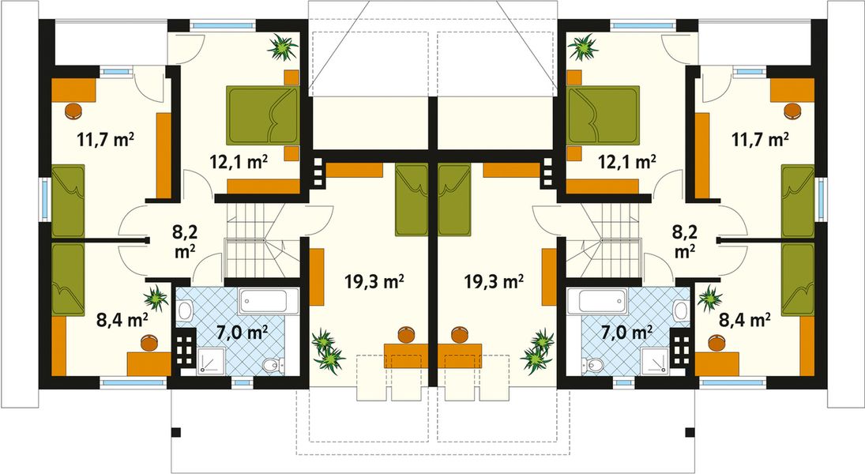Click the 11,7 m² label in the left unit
coord(105,141)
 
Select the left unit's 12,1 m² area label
coord(238,162)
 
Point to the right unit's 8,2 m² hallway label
coord(684,241)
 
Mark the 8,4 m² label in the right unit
coord(744,320)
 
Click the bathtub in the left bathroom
coord(269,301)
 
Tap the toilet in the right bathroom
coord(594,364)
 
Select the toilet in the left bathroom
coord(270,364)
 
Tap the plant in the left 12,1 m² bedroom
coord(282,47)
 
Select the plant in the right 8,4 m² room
coord(710,299)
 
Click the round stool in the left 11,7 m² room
coord(73,110)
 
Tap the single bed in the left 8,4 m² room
coord(68,279)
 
